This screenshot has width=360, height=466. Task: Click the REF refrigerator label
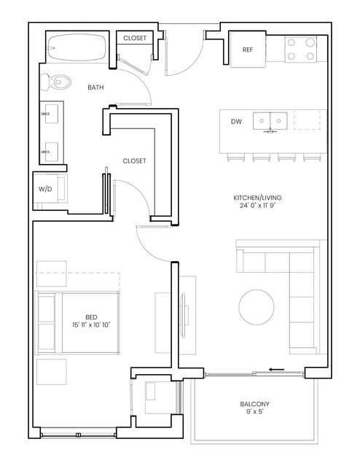[248, 50]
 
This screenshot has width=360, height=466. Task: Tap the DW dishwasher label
[236, 121]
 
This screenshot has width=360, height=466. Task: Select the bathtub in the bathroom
[77, 47]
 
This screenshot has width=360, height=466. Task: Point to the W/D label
[45, 189]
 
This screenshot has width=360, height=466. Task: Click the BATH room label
[95, 88]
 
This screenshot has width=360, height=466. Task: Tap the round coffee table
[257, 307]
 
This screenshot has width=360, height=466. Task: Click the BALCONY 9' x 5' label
[255, 408]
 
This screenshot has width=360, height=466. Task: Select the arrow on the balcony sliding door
[276, 370]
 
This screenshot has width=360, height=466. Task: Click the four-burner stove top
[300, 49]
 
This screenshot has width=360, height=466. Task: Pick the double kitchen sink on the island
[270, 121]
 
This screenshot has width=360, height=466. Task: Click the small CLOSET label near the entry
[135, 38]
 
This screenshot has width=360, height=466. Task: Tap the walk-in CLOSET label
[134, 160]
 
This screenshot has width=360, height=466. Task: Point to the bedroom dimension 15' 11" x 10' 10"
[91, 325]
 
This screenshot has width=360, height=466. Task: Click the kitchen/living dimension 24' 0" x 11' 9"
[257, 205]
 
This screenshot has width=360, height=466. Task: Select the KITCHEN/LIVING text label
[257, 198]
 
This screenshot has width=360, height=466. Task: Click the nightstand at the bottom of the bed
[52, 372]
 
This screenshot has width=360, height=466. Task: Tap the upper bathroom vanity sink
[50, 114]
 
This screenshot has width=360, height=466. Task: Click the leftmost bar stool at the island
[236, 158]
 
